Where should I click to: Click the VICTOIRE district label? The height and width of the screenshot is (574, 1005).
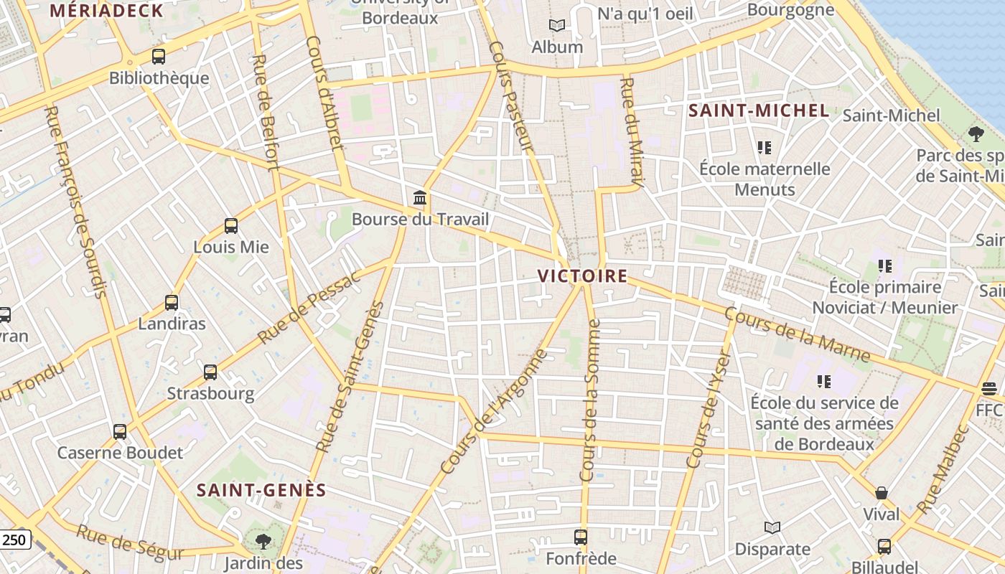click(582, 276)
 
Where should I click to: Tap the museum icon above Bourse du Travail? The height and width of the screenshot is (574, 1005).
click(420, 197)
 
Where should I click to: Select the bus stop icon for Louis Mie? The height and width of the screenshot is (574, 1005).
click(231, 226)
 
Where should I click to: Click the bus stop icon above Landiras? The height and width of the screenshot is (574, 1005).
click(172, 303)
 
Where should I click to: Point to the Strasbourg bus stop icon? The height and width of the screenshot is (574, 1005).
click(210, 372)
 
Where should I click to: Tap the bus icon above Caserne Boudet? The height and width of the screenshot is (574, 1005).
click(120, 432)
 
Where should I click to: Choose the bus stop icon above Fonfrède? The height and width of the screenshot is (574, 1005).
click(581, 537)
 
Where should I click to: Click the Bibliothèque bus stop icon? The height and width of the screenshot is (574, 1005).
click(159, 57)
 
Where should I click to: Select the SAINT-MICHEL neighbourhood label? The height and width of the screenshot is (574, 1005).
click(759, 111)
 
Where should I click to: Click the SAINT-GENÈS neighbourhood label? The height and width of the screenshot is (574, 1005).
click(261, 490)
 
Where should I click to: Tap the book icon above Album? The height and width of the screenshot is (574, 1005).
click(557, 26)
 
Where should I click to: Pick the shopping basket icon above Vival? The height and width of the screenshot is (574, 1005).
click(882, 493)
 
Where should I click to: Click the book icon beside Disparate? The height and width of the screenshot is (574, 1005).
click(772, 528)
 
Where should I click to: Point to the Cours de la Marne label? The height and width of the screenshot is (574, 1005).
click(797, 335)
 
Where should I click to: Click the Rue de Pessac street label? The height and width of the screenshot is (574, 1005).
click(309, 309)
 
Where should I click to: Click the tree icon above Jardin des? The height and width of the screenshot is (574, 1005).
click(263, 542)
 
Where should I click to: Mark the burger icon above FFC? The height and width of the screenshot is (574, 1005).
click(989, 389)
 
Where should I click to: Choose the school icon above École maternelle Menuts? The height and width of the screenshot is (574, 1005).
click(765, 148)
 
